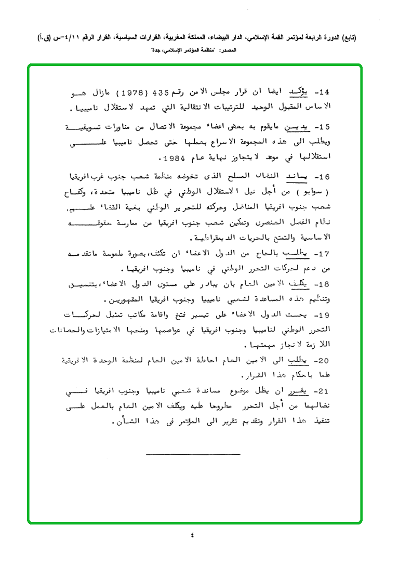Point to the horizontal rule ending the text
pos(193,454)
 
